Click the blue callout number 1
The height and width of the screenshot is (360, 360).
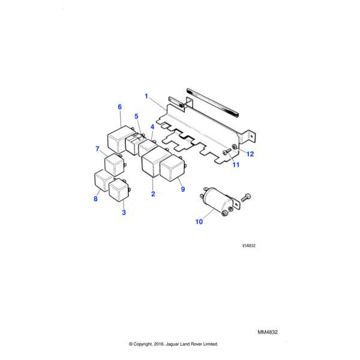click(146, 96)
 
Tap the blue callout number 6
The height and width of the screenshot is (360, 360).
click(119, 107)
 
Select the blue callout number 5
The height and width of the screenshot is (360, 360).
click(136, 116)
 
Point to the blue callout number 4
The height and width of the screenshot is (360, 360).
click(152, 127)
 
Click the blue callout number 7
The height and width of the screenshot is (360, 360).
click(97, 149)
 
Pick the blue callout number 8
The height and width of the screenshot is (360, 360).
click(95, 199)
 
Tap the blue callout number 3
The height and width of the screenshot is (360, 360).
click(124, 212)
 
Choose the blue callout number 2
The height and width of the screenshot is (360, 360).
click(153, 194)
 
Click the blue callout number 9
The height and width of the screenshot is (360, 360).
click(183, 189)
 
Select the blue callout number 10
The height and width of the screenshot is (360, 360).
click(199, 222)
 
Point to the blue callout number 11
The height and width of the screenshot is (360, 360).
click(236, 164)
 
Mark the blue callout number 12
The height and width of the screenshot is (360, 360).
click(250, 154)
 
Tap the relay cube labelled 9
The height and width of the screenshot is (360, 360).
click(172, 168)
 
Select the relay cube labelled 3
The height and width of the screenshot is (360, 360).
click(119, 190)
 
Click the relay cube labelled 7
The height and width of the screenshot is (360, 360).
click(115, 165)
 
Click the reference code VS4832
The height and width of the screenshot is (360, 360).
click(248, 245)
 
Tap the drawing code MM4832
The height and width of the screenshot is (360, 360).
click(268, 332)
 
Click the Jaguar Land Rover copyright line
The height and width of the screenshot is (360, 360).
click(173, 344)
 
